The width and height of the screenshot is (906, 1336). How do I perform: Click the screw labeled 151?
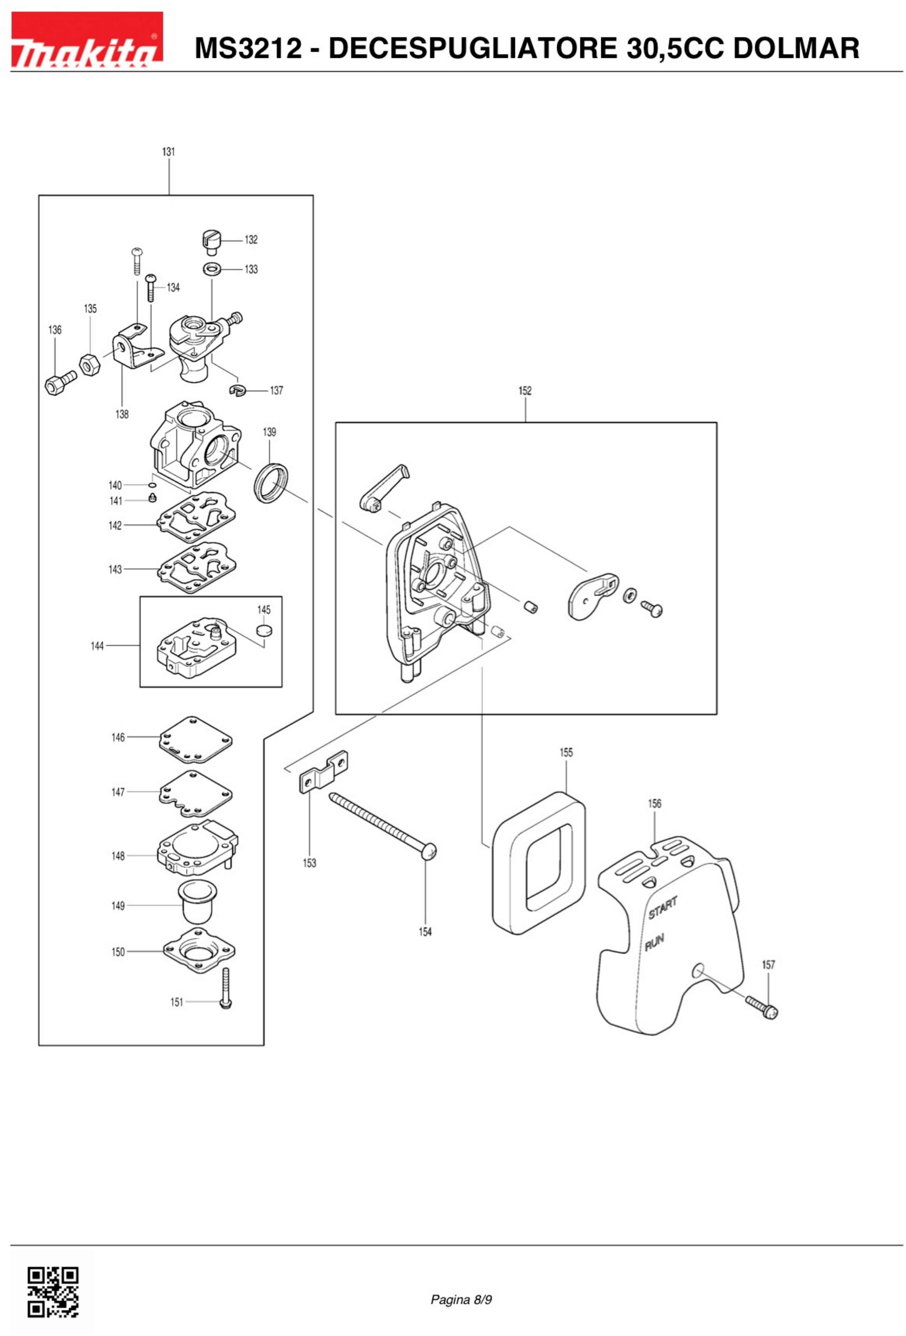pyautogui.click(x=225, y=988)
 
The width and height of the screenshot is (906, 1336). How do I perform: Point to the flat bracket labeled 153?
pyautogui.click(x=324, y=771)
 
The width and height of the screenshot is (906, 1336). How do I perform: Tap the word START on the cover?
pyautogui.click(x=663, y=907)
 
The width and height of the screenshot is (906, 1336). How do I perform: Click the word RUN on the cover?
pyautogui.click(x=654, y=942)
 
